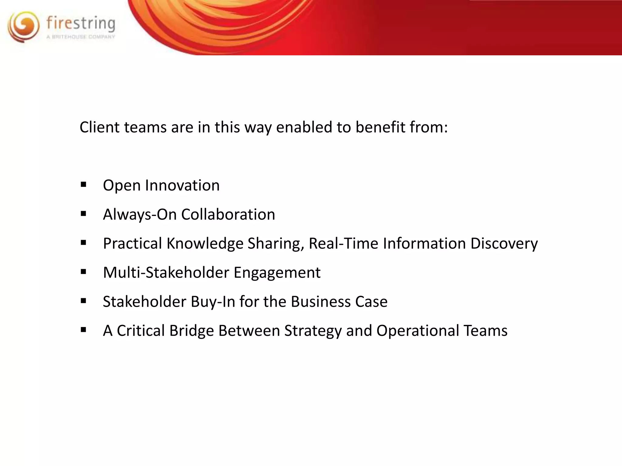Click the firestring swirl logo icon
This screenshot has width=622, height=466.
click(24, 27)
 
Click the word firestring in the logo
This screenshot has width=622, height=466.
click(81, 24)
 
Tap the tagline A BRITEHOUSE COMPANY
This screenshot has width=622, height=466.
click(81, 37)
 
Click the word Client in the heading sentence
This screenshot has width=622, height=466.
click(99, 127)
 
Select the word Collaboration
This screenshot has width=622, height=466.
click(228, 214)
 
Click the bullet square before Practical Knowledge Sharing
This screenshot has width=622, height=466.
click(84, 243)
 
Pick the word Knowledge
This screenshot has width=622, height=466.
click(205, 244)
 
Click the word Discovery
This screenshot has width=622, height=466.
click(504, 244)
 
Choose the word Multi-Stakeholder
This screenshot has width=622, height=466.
click(166, 272)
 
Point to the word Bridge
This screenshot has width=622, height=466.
click(191, 331)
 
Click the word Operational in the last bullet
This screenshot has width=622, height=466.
click(418, 331)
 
